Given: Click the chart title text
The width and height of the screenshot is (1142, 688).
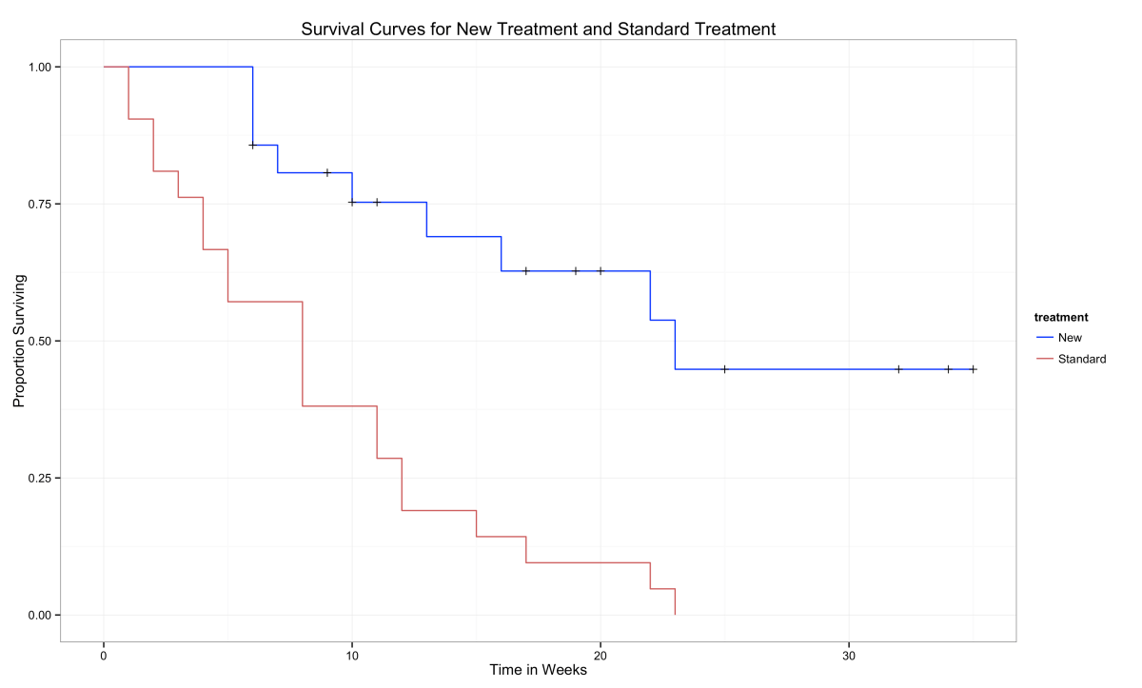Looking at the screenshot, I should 538,29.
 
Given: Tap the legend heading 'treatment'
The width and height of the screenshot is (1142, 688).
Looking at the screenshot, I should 1061,317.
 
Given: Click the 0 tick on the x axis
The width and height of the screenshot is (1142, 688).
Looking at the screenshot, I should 104,657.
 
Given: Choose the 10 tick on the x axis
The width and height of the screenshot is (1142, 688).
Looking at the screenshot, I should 352,657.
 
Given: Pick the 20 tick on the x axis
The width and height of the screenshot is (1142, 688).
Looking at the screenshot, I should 601,657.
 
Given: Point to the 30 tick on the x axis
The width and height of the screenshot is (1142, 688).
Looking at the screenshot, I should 849,657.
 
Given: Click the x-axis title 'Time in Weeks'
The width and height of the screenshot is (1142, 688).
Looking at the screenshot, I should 538,671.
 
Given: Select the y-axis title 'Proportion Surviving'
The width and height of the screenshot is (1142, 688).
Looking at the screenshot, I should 19,342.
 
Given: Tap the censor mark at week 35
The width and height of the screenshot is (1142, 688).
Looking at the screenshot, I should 973,369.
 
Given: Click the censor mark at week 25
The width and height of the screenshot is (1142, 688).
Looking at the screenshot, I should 724,369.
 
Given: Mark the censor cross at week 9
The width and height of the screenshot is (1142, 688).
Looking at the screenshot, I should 327,173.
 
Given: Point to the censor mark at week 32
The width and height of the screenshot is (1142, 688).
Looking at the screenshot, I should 898,369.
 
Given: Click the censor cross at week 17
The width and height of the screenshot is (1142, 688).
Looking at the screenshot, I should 525,271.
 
